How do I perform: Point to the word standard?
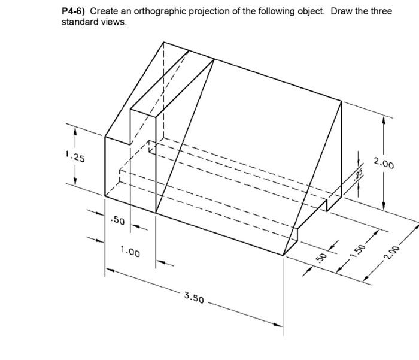coord(80,23)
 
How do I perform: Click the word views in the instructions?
coord(113,23)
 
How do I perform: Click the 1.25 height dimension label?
coord(75,158)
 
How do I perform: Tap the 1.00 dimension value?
coord(130,253)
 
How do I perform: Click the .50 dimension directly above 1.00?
coord(117,221)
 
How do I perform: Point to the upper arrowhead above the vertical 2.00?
coord(383,119)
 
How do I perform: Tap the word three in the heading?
coord(381,12)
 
